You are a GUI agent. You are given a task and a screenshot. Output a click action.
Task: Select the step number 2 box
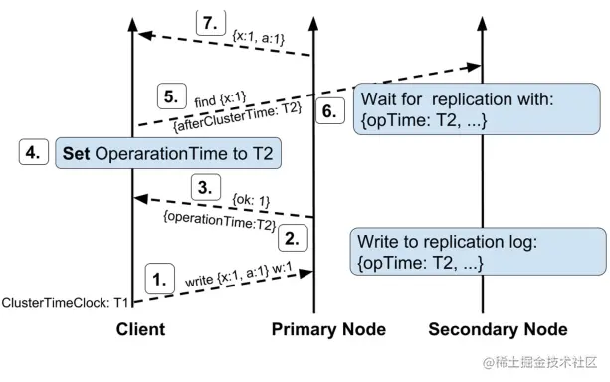292,237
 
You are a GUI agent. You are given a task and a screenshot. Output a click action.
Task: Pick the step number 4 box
36,153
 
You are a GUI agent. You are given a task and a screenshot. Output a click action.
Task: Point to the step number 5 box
172,98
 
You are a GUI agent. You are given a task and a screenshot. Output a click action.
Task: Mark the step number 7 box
210,24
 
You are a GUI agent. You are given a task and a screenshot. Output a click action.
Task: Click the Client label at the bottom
140,329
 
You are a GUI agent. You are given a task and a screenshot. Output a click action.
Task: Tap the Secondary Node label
498,329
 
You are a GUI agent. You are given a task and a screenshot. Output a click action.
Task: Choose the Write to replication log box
478,251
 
